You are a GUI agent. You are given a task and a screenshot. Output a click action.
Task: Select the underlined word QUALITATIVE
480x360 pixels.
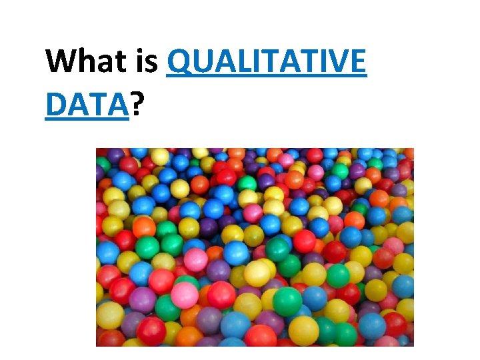click(267, 63)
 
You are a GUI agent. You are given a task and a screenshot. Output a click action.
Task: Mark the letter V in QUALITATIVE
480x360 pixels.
click(336, 63)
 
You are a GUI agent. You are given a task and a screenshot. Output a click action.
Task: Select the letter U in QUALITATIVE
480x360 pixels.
click(201, 63)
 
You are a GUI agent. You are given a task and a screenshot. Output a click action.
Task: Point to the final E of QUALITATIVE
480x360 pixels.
click(357, 63)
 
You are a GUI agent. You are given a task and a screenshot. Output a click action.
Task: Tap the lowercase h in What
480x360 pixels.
click(85, 61)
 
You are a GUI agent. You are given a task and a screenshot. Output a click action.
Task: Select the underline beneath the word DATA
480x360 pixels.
click(87, 119)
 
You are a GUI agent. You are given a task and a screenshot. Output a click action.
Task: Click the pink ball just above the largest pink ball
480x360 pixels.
click(195, 259)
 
